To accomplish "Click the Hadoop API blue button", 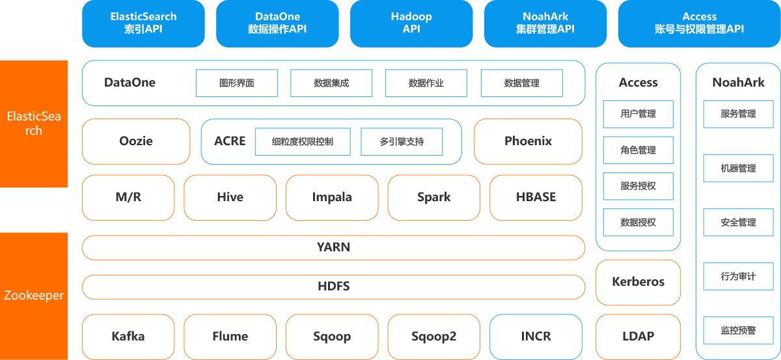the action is [411, 23].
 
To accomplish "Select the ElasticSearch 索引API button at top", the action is [143, 23].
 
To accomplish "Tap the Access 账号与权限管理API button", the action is [699, 23].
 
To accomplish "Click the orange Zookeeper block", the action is [34, 296].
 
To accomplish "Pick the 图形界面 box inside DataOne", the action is [237, 83].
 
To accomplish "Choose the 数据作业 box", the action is [426, 83].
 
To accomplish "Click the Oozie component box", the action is [136, 141].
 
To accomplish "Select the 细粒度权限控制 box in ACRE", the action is [303, 142].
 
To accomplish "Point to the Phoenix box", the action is [528, 141].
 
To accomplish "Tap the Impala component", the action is [332, 197].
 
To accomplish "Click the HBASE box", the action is [536, 197].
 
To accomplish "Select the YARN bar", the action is [334, 247].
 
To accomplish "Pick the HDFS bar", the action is [334, 286].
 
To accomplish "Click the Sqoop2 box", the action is [433, 337].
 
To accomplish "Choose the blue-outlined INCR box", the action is [536, 337].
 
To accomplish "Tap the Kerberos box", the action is [638, 283].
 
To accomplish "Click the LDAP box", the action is [638, 337].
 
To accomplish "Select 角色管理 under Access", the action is [638, 150].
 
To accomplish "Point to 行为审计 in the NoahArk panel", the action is [738, 276].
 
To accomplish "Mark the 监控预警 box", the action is [738, 330].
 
